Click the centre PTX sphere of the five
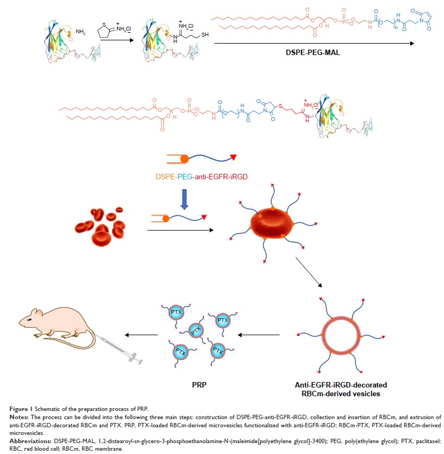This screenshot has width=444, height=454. pyautogui.click(x=196, y=330)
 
